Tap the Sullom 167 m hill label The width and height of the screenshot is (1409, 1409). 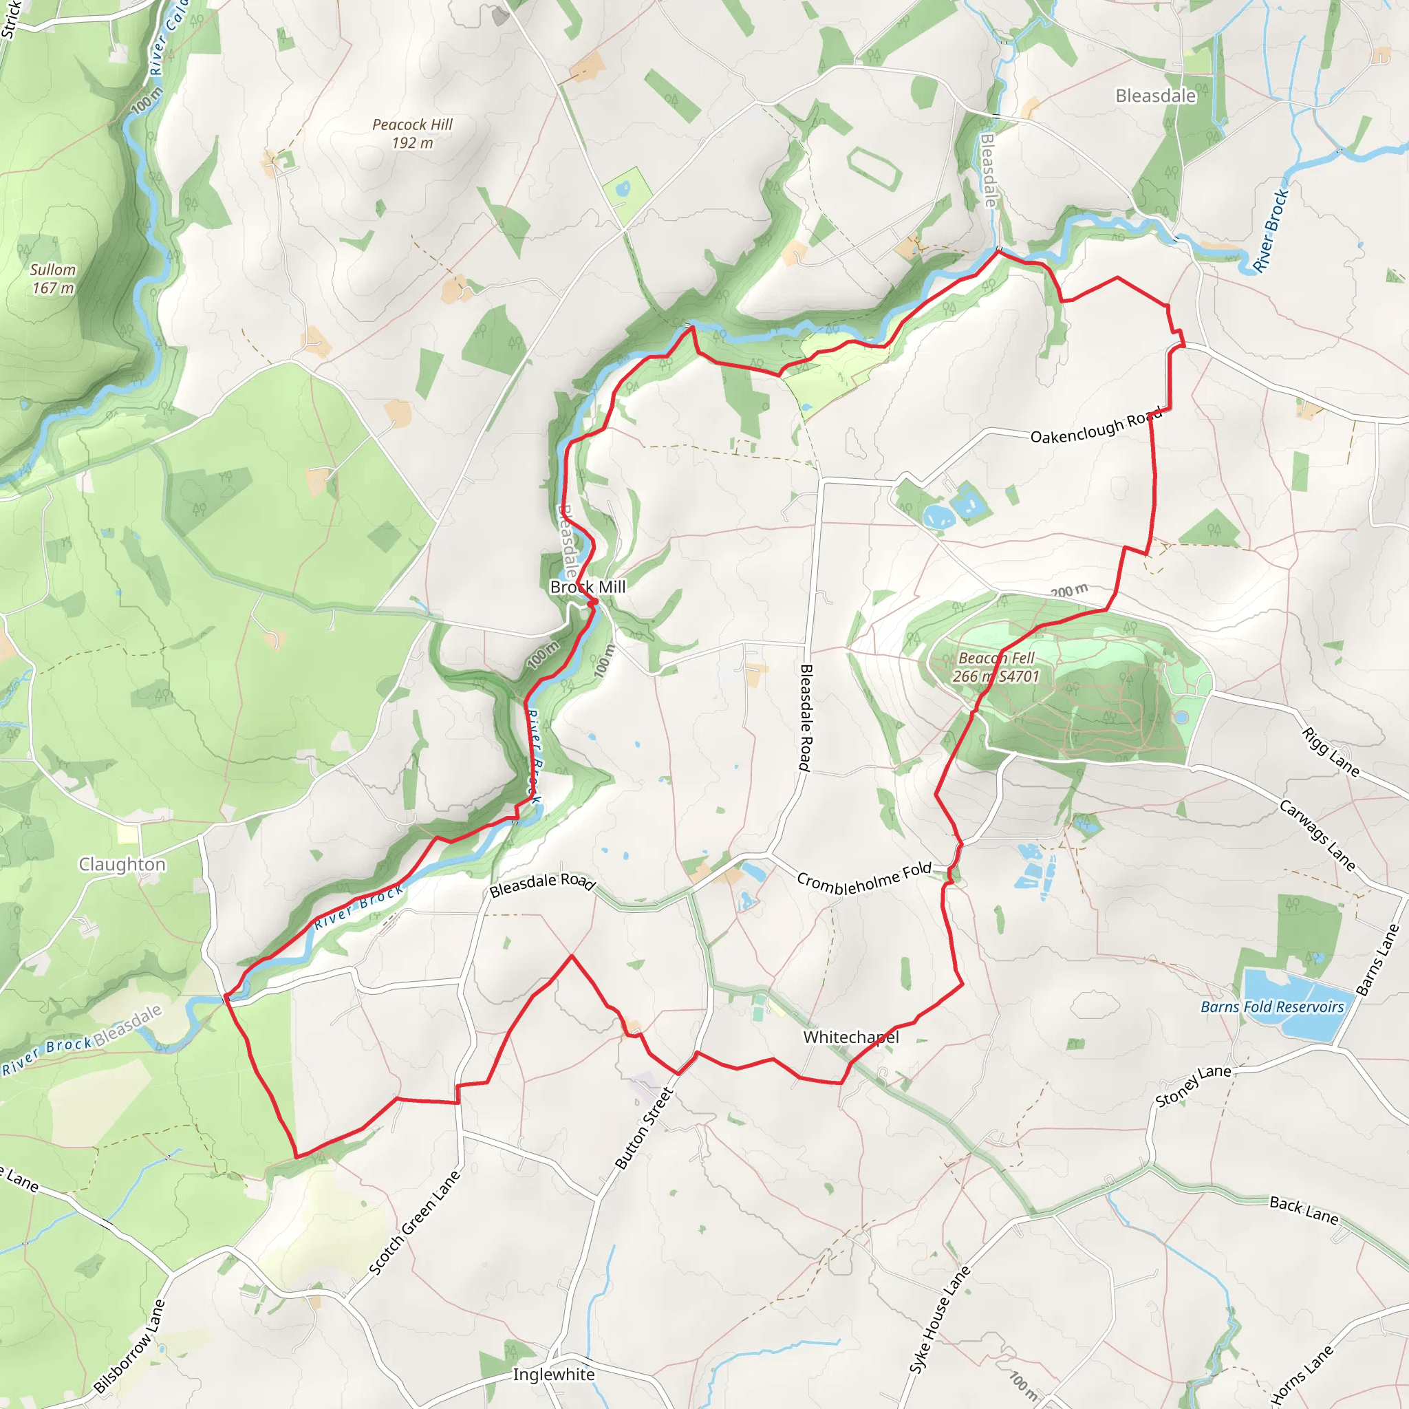coord(52,278)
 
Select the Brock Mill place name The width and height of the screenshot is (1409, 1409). coord(588,587)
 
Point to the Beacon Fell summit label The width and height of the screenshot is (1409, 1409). coord(996,667)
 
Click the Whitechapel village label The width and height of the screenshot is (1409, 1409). coord(850,1037)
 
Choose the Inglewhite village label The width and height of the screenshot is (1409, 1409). coord(554,1374)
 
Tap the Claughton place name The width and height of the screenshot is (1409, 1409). coord(122,864)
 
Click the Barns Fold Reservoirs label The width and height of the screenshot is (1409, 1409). coord(1272,1007)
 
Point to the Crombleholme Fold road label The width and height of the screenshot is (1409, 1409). coord(864,879)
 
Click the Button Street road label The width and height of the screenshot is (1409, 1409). coord(643,1128)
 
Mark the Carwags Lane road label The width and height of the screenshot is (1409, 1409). coord(1317,836)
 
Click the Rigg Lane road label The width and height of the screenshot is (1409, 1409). coord(1331,752)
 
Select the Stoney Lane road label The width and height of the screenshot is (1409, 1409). coord(1193,1084)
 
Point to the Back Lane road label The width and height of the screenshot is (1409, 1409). coord(1303,1210)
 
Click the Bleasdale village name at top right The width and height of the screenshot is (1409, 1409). coord(1155,96)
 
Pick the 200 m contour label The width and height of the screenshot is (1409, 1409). coord(1069,591)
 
